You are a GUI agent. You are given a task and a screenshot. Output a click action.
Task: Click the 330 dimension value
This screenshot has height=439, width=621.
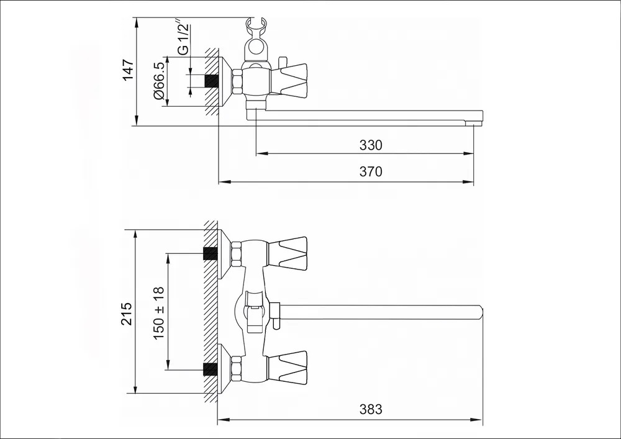coord(371,145)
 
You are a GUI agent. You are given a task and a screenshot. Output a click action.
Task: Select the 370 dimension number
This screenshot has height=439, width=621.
coord(371,171)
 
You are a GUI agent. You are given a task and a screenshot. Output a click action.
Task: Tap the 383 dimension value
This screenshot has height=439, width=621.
coord(371,409)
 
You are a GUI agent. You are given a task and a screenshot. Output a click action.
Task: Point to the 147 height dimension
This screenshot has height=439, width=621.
coord(128,70)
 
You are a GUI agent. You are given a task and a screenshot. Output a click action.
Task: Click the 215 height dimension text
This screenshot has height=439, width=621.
coord(126,314)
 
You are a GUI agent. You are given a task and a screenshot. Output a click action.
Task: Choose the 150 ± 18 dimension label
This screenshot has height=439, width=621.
coord(158,313)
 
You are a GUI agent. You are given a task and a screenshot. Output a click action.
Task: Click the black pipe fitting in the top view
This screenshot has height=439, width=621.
coord(212,81)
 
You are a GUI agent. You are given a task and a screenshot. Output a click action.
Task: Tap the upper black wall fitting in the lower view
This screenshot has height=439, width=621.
coord(211,254)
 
